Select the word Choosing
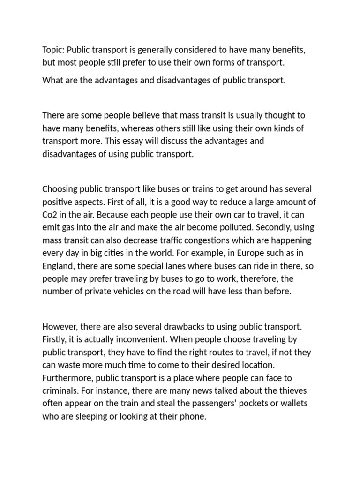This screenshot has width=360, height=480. (x=60, y=189)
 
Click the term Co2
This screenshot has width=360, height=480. (x=49, y=215)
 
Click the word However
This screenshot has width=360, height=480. (x=59, y=326)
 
